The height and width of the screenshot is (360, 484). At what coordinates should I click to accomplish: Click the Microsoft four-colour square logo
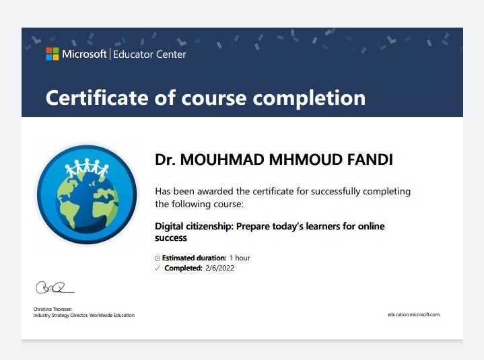52,54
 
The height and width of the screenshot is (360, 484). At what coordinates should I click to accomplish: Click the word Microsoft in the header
84,54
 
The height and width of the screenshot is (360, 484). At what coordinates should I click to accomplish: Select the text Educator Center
149,55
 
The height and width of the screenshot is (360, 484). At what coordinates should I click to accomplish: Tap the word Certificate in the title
98,98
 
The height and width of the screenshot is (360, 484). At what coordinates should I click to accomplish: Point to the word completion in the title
309,99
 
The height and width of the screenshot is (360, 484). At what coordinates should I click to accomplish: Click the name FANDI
370,159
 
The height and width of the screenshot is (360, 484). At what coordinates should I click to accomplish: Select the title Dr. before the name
165,159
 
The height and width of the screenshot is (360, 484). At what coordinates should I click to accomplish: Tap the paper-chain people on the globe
87,168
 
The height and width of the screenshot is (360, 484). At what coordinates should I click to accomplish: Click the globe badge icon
87,194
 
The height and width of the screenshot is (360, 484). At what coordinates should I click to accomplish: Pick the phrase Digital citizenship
194,226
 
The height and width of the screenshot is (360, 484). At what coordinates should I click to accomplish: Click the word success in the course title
171,238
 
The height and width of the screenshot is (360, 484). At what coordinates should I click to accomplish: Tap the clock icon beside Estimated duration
158,258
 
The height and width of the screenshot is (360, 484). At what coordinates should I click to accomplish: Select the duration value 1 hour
240,258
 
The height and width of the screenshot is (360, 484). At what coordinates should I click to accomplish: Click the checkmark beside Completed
158,268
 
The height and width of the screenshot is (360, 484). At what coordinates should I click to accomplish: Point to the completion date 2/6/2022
219,268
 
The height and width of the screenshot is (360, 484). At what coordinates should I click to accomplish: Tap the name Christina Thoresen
53,309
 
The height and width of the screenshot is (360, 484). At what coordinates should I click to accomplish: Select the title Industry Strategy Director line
84,316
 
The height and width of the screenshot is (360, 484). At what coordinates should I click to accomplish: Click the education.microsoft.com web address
413,315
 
